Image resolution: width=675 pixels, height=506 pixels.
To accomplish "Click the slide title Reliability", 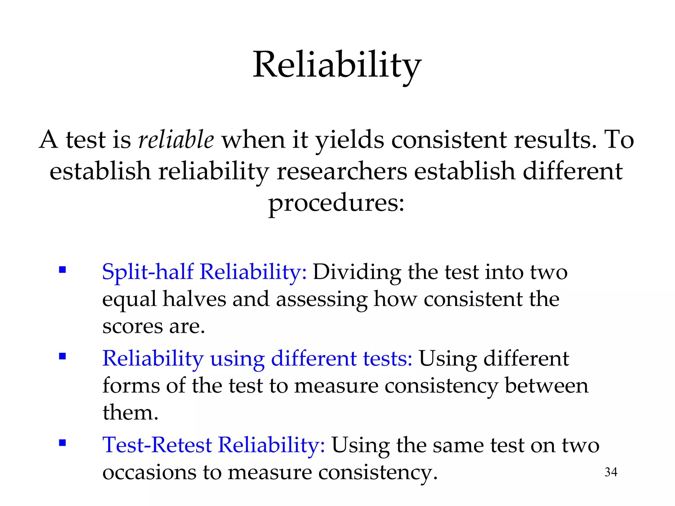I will click(337, 65).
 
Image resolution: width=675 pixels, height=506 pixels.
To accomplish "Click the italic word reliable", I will click(176, 140).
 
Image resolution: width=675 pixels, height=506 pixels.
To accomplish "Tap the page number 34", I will click(611, 472).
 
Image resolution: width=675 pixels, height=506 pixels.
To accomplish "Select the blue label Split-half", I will click(147, 272).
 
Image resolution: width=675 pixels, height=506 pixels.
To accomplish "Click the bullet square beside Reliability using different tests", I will click(62, 356).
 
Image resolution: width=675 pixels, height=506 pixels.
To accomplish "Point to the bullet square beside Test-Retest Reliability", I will click(62, 443).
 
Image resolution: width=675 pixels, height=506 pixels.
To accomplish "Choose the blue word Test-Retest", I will click(157, 445).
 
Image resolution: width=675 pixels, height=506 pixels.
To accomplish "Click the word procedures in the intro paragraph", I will click(336, 204).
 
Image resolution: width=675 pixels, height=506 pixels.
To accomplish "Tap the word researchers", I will click(342, 171).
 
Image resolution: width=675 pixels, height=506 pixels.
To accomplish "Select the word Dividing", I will click(357, 273).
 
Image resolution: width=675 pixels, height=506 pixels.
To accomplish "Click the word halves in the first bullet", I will click(194, 299).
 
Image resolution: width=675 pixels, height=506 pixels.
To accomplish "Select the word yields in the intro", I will click(350, 140).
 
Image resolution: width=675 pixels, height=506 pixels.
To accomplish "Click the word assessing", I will click(321, 300).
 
